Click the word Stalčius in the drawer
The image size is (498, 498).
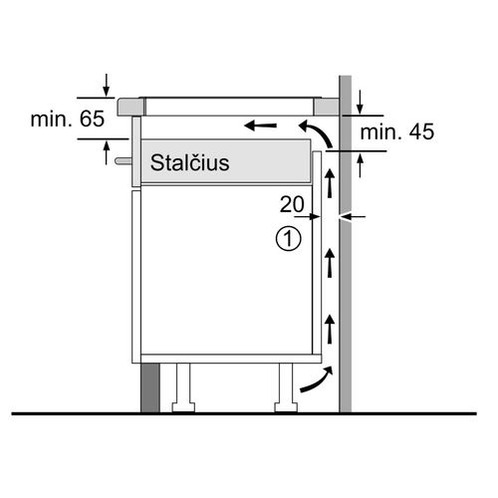coord(189,162)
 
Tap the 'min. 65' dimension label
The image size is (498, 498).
coord(68,119)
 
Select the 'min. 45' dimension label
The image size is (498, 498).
coord(397,131)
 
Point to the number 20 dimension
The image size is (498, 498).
coord(292,204)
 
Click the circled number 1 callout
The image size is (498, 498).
coord(289,238)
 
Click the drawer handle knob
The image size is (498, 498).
coord(124,161)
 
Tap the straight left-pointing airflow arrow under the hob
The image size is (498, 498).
coord(260,125)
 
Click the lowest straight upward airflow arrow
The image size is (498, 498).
coord(330,330)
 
